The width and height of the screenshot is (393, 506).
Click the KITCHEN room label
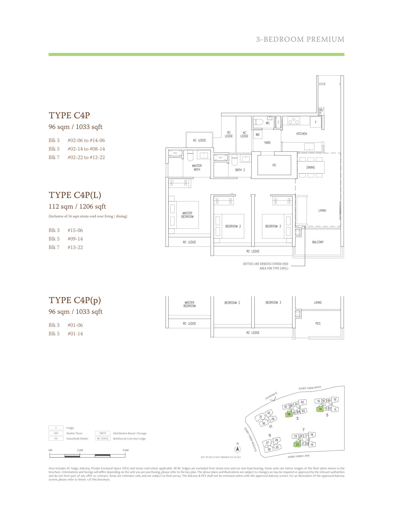click(x=302, y=134)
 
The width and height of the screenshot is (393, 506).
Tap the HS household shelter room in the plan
click(x=274, y=165)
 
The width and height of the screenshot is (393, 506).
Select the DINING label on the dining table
click(x=311, y=167)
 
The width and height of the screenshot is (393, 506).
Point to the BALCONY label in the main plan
click(x=318, y=242)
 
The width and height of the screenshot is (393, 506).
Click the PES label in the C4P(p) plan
click(x=318, y=323)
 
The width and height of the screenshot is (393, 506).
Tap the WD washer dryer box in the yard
click(x=258, y=135)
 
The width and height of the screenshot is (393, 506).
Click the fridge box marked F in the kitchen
click(x=316, y=122)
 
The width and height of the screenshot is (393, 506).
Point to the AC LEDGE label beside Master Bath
click(x=199, y=140)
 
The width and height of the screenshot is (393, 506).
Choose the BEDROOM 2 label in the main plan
click(x=233, y=226)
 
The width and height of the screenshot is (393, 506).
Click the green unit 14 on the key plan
click(x=320, y=409)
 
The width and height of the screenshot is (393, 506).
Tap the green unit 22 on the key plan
click(x=297, y=444)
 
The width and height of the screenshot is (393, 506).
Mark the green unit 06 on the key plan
click(x=289, y=414)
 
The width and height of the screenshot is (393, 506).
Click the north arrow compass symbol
click(x=238, y=449)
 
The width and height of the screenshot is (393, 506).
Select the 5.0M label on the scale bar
click(x=126, y=450)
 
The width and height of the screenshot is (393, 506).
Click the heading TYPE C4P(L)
click(x=75, y=195)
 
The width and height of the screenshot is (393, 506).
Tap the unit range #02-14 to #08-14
click(x=86, y=149)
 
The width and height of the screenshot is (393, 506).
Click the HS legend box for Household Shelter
click(x=56, y=439)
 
